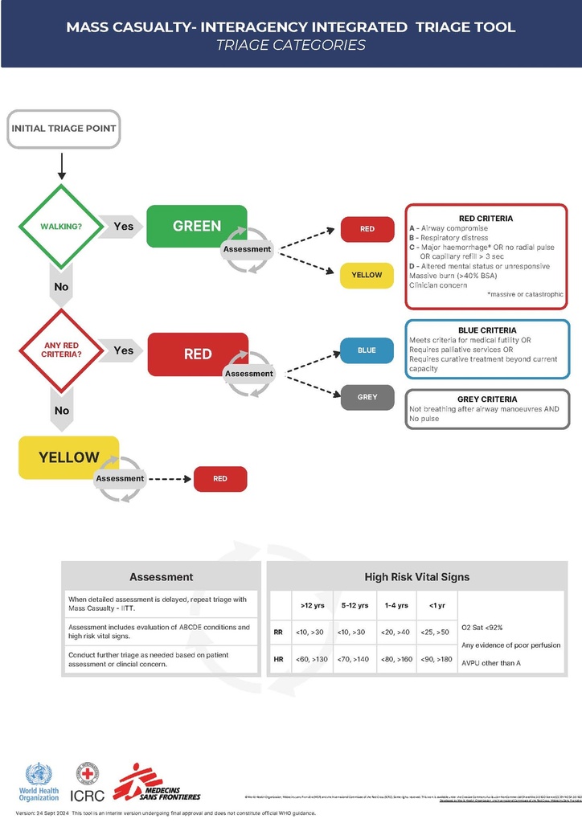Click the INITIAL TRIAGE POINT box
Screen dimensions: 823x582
pyautogui.click(x=64, y=129)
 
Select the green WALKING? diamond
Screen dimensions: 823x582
pyautogui.click(x=61, y=226)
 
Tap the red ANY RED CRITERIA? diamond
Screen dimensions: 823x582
pyautogui.click(x=61, y=350)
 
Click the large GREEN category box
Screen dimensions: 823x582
pyautogui.click(x=197, y=226)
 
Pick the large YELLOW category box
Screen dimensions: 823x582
pyautogui.click(x=69, y=457)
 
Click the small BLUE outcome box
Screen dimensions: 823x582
pyautogui.click(x=367, y=350)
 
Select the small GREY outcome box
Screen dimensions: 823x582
pyautogui.click(x=367, y=397)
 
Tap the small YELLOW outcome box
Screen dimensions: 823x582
pyautogui.click(x=367, y=275)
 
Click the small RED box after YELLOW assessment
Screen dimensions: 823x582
pyautogui.click(x=220, y=479)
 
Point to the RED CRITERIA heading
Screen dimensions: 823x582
pyautogui.click(x=486, y=218)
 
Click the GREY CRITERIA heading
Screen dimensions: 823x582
pyautogui.click(x=487, y=399)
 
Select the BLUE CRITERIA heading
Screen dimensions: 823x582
pyautogui.click(x=487, y=330)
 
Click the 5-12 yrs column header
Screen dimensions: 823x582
pyautogui.click(x=355, y=605)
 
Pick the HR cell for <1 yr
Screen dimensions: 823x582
pyautogui.click(x=436, y=659)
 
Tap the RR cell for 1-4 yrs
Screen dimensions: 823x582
pyautogui.click(x=396, y=633)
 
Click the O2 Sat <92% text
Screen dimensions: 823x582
pyautogui.click(x=482, y=627)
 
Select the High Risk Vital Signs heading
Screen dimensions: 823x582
pyautogui.click(x=416, y=576)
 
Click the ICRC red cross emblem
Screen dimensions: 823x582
pyautogui.click(x=87, y=776)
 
